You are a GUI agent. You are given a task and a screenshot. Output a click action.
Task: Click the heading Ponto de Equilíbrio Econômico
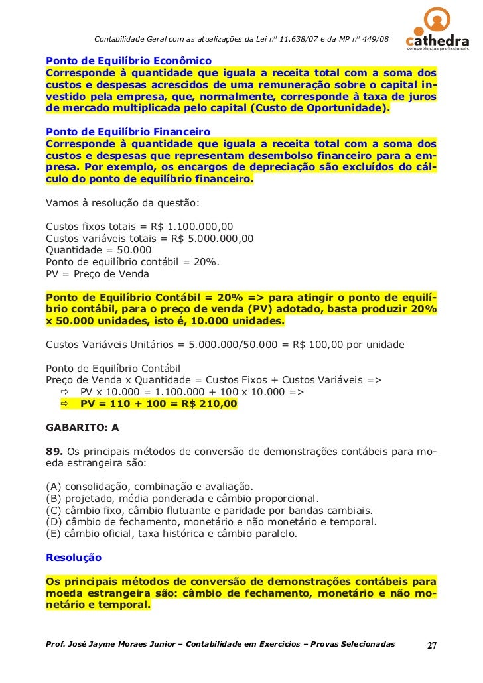click(x=128, y=60)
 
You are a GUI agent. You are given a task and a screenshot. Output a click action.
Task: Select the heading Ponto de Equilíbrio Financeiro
click(x=127, y=131)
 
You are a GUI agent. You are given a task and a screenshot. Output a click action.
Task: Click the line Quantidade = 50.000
click(x=98, y=250)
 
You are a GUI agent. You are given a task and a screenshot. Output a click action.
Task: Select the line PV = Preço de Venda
click(x=97, y=274)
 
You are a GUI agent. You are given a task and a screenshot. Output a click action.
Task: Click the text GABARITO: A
click(x=82, y=428)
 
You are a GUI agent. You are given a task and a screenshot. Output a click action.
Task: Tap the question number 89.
click(x=53, y=452)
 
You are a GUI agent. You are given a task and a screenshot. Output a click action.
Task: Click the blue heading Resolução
click(x=73, y=558)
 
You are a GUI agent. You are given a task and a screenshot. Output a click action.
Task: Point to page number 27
click(x=431, y=646)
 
